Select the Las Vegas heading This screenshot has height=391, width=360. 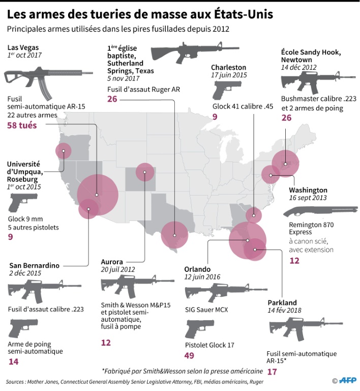pyautogui.click(x=22, y=47)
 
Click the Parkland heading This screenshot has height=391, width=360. pyautogui.click(x=282, y=303)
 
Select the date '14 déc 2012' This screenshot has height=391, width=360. pyautogui.click(x=299, y=67)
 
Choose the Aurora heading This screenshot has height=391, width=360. pyautogui.click(x=112, y=262)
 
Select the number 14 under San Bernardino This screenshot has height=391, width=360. pyautogui.click(x=14, y=361)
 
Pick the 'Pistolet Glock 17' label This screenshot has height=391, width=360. pyautogui.click(x=209, y=345)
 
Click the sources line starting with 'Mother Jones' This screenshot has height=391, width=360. pyautogui.click(x=127, y=381)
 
